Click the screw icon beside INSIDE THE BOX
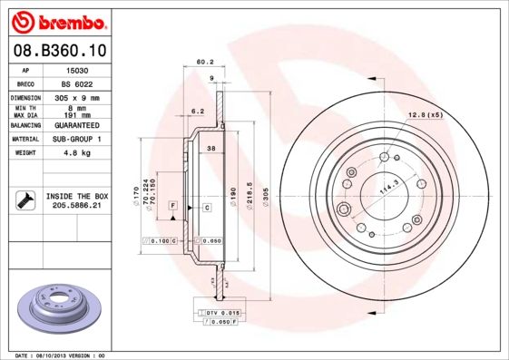(x=25, y=200)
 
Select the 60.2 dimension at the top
(x=204, y=63)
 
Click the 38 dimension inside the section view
(x=210, y=148)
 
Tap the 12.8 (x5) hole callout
(x=424, y=114)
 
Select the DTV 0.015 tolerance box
(x=220, y=312)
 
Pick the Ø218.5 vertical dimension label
(x=248, y=195)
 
